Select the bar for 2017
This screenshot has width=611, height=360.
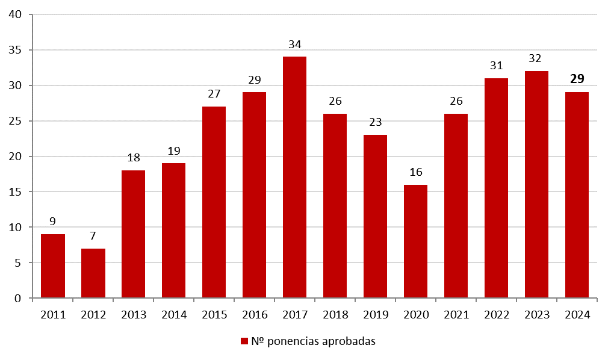tap(294, 177)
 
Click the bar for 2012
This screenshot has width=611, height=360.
tap(93, 273)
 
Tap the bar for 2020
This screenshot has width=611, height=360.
tap(415, 241)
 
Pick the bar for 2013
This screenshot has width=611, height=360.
tap(134, 234)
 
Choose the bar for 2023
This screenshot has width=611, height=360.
tap(536, 184)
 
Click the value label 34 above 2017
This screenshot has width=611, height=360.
tap(294, 45)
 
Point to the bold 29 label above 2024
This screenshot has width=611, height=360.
tap(577, 79)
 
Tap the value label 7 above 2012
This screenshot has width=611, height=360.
tap(93, 236)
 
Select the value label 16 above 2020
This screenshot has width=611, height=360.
tap(415, 172)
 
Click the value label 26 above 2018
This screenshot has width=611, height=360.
tap(335, 101)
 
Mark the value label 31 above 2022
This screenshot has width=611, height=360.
tap(496, 66)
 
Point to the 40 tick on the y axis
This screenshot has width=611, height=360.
tap(16, 14)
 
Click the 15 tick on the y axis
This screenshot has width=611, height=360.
tap(16, 192)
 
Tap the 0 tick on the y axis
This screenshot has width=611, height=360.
tap(19, 299)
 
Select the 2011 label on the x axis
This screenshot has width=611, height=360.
tap(53, 314)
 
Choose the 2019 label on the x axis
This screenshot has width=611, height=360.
tap(375, 314)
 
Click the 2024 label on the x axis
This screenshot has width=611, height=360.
tap(577, 314)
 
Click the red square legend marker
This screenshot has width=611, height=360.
tap(244, 341)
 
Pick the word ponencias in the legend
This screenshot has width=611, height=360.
tap(294, 342)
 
